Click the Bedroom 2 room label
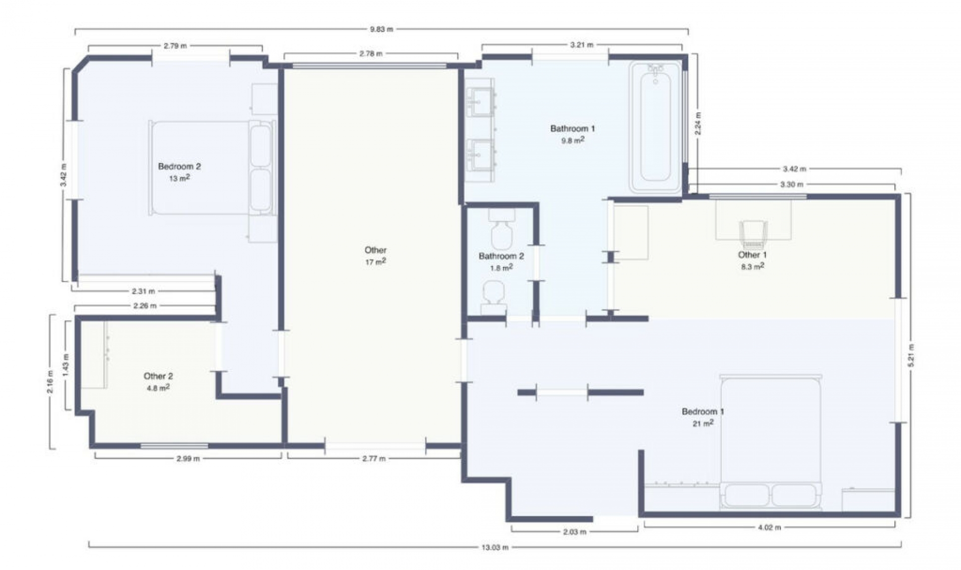(179, 166)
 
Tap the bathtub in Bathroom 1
(656, 127)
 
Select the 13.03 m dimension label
(495, 547)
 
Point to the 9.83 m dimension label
(381, 29)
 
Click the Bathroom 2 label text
(501, 256)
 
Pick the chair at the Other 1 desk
(753, 234)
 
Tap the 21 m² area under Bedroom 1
(703, 423)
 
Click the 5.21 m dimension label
(911, 355)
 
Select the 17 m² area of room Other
(375, 261)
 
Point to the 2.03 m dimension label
(575, 532)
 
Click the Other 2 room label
(158, 376)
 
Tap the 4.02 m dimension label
(769, 527)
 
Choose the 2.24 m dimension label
(698, 123)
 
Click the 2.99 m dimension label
(188, 458)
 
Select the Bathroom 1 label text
(573, 128)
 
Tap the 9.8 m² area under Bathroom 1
(573, 140)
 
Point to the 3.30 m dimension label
(792, 184)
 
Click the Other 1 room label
(752, 255)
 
